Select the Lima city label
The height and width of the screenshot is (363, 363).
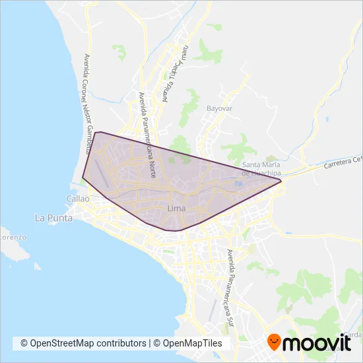pyautogui.click(x=176, y=209)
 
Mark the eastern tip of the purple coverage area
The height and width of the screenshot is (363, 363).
pyautogui.click(x=282, y=180)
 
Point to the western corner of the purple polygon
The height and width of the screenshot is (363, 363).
pyautogui.click(x=82, y=177)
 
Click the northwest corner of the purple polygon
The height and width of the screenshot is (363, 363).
pyautogui.click(x=96, y=133)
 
